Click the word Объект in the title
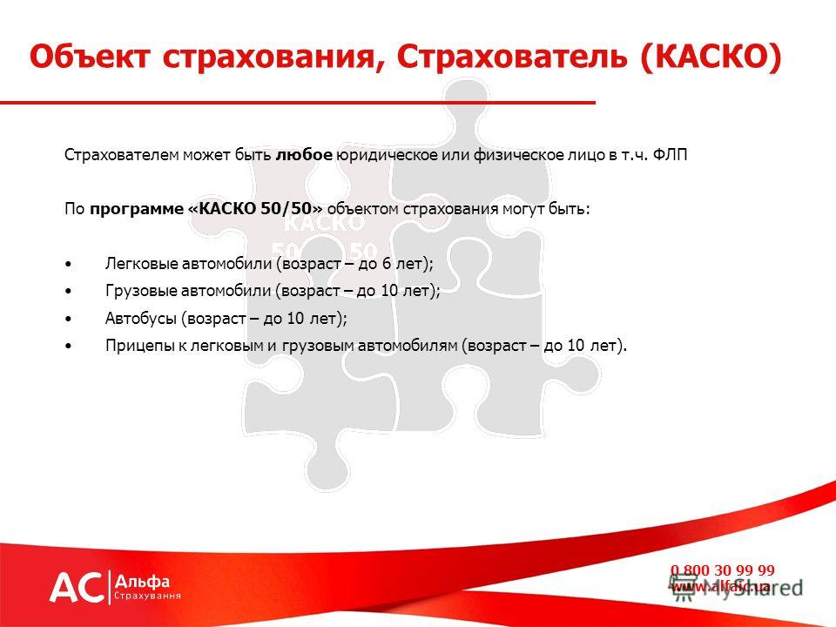coord(90,56)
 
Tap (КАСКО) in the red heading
coord(711,56)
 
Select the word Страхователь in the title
coord(511,56)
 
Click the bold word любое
coord(304,155)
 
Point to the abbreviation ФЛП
coord(670,155)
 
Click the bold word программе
coord(137,209)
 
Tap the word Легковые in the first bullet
coord(141,263)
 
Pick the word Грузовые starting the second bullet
coord(141,291)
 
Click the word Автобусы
coord(141,319)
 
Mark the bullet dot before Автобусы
coord(68,319)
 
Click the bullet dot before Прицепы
coord(68,346)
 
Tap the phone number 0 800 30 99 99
coord(723,570)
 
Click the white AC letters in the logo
coord(77,588)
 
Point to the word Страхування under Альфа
coord(148,596)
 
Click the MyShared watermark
coord(736,588)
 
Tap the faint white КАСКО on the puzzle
coord(324,223)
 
